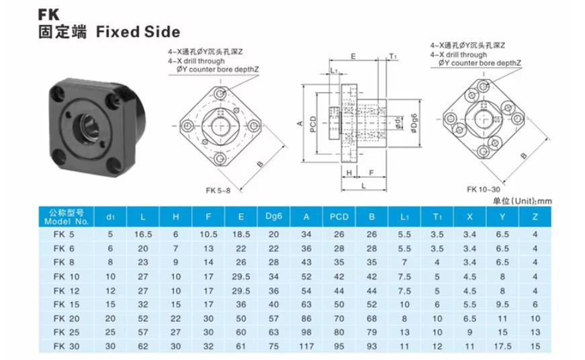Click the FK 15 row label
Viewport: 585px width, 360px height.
pyautogui.click(x=66, y=304)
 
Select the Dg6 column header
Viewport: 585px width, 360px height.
pyautogui.click(x=273, y=216)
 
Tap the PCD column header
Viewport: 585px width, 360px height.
pyautogui.click(x=339, y=217)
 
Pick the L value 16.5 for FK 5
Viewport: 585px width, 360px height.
pyautogui.click(x=143, y=234)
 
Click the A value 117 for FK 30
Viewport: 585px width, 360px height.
pyautogui.click(x=306, y=346)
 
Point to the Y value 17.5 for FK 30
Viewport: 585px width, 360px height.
pyautogui.click(x=502, y=346)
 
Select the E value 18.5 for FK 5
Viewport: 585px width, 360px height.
pyautogui.click(x=241, y=234)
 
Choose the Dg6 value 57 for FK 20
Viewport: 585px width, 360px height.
pyautogui.click(x=273, y=318)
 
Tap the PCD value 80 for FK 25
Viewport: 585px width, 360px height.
pyautogui.click(x=339, y=332)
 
